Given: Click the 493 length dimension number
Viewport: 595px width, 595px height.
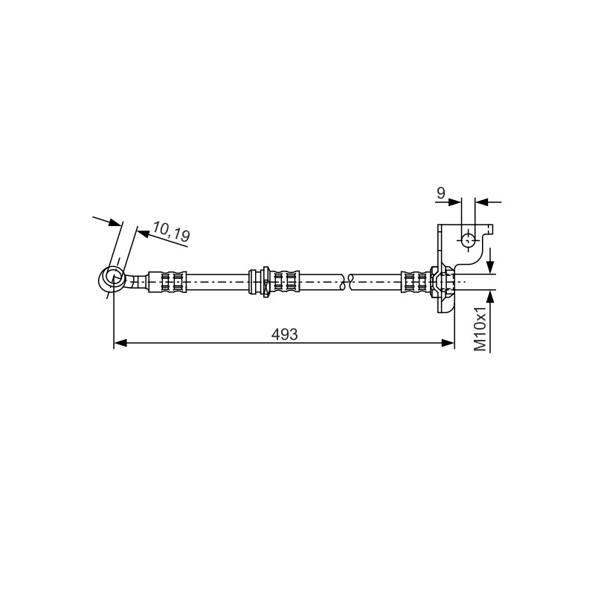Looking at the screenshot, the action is pos(285,334).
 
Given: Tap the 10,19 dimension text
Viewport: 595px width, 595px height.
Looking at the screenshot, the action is pos(171,231).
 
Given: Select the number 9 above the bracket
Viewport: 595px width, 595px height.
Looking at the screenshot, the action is pos(440,193).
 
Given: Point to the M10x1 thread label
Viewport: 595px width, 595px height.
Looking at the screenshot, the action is pos(480,328).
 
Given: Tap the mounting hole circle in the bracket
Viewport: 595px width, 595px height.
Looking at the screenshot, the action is pos(468,239).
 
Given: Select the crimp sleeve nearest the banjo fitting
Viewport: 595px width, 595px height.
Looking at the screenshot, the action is pos(167,282).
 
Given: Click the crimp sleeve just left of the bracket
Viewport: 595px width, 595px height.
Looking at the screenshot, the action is pos(416,282).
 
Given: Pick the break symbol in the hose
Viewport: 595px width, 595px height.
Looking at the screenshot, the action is pos(347,282).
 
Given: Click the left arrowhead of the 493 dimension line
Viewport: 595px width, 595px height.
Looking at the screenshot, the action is pos(120,343).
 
